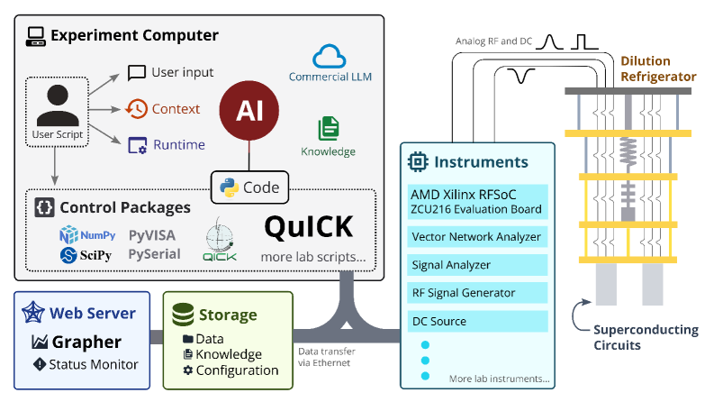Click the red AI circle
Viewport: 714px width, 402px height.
coord(249,110)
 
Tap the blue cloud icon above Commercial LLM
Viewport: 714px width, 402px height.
coord(330,57)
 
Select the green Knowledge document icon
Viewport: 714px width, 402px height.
coord(329,129)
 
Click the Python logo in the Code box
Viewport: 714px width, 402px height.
coord(229,187)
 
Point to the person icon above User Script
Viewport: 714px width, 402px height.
coord(58,105)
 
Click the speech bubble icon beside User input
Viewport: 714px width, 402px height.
coord(137,73)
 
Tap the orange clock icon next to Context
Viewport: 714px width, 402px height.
coord(137,109)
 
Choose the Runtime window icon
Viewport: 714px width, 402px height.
coord(137,145)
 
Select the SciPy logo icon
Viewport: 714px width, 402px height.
coord(68,255)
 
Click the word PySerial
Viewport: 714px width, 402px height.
coord(154,254)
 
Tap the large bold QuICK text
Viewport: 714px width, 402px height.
coord(309,227)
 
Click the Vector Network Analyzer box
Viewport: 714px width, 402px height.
coord(477,236)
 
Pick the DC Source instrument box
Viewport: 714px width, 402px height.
coord(477,321)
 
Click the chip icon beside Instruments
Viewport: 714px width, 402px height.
coord(418,162)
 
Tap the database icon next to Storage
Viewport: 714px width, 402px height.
coord(183,315)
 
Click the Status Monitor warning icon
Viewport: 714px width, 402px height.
coord(40,364)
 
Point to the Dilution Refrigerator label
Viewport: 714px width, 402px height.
coord(658,69)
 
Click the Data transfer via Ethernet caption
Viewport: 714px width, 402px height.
coord(327,357)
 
